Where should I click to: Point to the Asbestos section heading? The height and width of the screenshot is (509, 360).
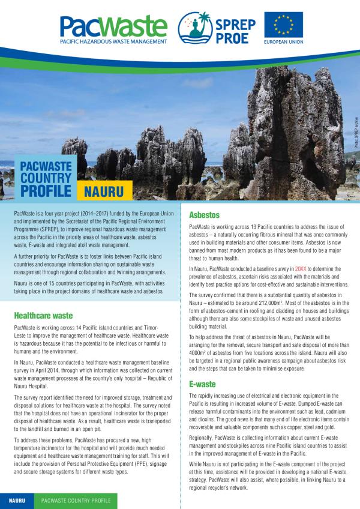(x=205, y=214)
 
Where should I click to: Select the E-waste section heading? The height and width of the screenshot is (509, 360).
(x=202, y=384)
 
